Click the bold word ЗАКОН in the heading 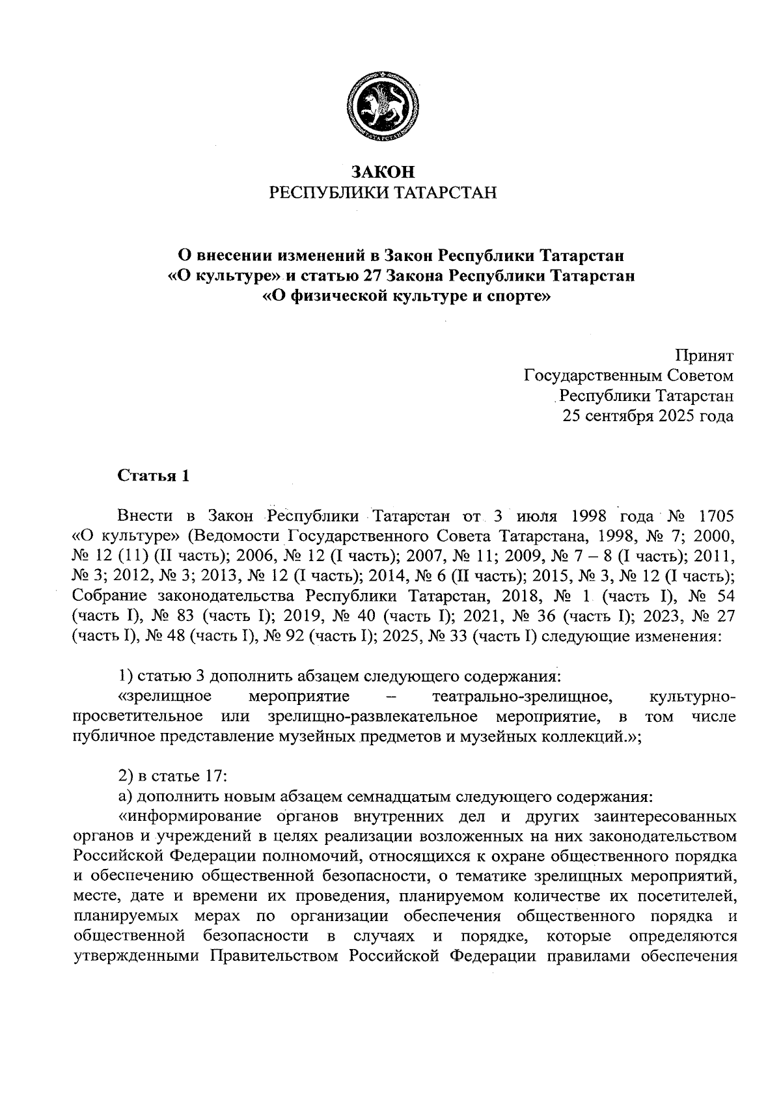pos(383,172)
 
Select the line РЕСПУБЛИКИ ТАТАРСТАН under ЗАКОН pos(383,192)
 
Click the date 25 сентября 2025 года pos(648,416)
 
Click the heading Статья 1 pos(154,476)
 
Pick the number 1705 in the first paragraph pos(715,516)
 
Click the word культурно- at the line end pos(692,696)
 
